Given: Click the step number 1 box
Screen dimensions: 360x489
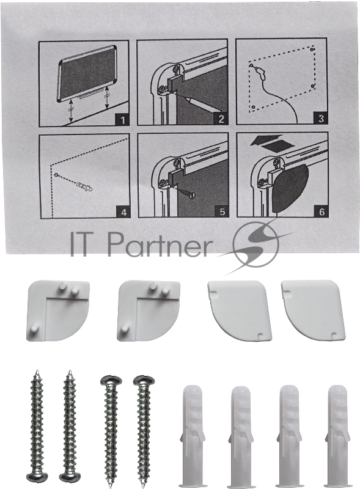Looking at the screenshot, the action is (x=123, y=120).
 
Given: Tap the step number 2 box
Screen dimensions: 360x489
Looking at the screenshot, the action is (x=221, y=119).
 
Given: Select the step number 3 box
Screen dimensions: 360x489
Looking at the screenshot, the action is (x=321, y=118).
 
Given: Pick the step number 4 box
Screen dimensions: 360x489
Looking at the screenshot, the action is (x=124, y=212).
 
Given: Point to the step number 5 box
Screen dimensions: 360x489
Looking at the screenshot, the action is (x=222, y=211).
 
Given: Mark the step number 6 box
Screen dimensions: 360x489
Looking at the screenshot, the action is (x=321, y=211).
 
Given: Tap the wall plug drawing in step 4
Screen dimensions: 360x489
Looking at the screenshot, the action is (x=85, y=187).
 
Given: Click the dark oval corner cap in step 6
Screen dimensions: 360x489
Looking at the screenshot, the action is (x=291, y=187).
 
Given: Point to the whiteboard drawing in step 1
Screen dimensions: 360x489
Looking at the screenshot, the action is (x=87, y=72).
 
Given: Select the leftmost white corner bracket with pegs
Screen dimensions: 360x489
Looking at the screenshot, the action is (x=58, y=311).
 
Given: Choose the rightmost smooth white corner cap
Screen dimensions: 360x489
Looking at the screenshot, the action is (x=313, y=310).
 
